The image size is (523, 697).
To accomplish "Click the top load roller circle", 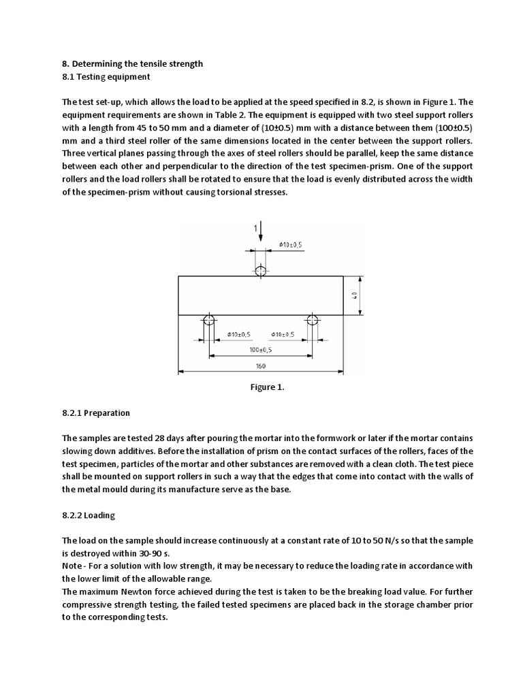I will click(x=260, y=271).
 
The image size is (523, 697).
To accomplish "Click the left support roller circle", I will click(x=208, y=320).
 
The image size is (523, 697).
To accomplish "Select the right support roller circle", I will click(x=313, y=320).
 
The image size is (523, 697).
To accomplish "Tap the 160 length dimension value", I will click(x=261, y=366).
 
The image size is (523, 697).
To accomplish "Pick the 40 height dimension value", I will click(x=355, y=295).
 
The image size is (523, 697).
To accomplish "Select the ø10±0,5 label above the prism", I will click(x=291, y=244).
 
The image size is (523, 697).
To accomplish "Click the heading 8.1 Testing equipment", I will click(x=106, y=77).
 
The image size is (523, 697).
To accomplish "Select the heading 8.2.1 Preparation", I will click(x=95, y=413).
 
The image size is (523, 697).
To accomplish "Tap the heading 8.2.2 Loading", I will click(x=90, y=515).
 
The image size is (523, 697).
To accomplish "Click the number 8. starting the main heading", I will click(x=65, y=64).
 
